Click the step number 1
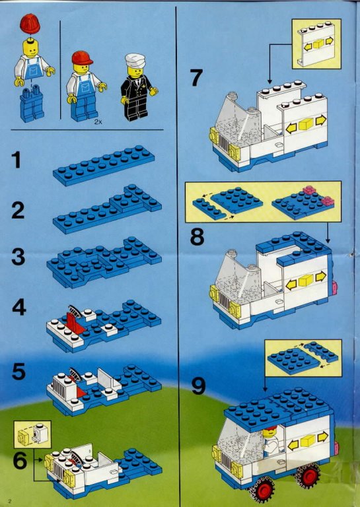pyautogui.click(x=17, y=160)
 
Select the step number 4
pyautogui.click(x=19, y=307)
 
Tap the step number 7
pyautogui.click(x=196, y=78)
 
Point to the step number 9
pyautogui.click(x=199, y=387)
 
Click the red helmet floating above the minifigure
pyautogui.click(x=30, y=24)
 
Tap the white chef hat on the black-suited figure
pyautogui.click(x=135, y=60)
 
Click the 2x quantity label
pyautogui.click(x=98, y=122)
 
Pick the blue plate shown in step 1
pyautogui.click(x=104, y=165)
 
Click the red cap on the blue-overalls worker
pyautogui.click(x=82, y=58)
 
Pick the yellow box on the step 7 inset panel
pyautogui.click(x=318, y=44)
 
